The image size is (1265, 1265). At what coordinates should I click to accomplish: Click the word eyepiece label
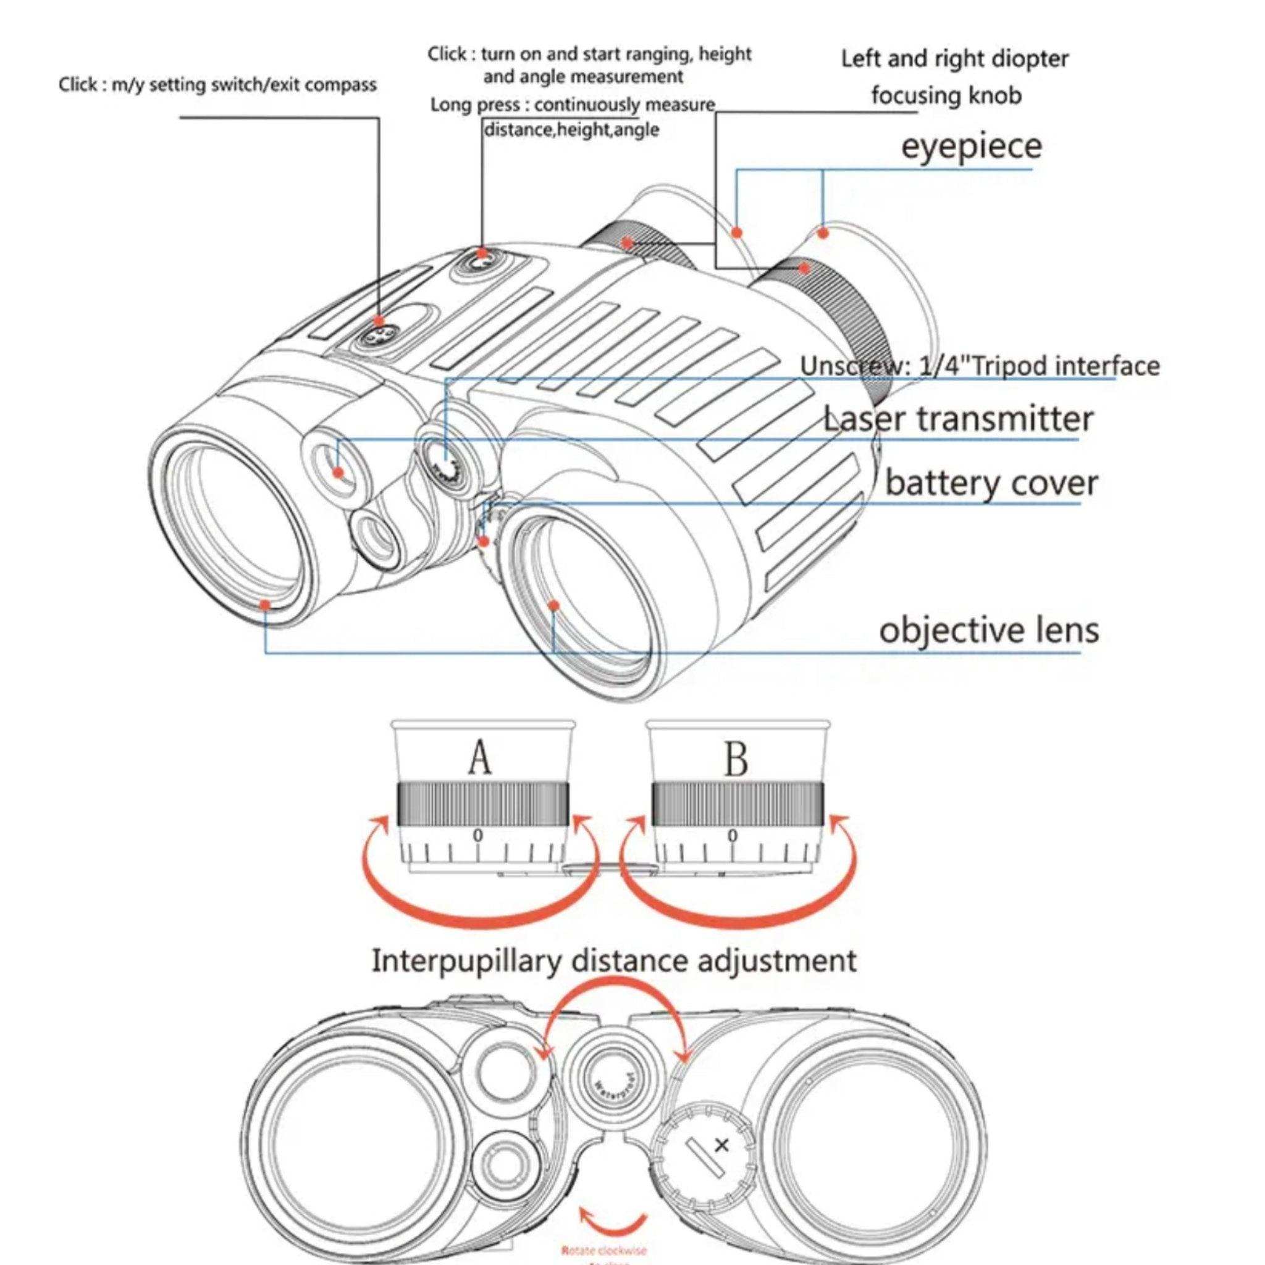coord(971,146)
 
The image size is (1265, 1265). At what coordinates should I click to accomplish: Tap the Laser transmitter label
coord(957,419)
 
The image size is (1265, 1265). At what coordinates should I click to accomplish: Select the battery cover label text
coord(991,483)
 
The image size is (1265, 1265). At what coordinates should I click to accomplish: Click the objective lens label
coord(988,630)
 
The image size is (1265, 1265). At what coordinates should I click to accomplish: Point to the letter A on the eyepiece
coord(479,759)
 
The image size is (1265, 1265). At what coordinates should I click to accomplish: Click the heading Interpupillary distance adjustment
coord(613,960)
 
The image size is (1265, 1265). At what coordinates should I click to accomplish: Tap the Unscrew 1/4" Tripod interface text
coord(979,366)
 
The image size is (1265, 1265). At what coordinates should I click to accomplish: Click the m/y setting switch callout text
coord(217,85)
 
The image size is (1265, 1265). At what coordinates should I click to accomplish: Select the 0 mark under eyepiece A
coord(478,836)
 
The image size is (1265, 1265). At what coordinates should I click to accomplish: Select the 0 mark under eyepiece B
coord(732,836)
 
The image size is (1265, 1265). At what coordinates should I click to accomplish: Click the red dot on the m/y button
coord(379,321)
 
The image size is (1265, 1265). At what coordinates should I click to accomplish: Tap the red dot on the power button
coord(482,253)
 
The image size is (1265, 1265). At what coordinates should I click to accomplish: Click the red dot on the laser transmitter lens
coord(338,472)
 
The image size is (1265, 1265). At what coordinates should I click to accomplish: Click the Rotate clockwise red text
coord(603,1250)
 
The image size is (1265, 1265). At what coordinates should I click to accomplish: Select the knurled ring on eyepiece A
coord(482,804)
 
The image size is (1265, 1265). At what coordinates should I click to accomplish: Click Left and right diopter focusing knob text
coord(953,77)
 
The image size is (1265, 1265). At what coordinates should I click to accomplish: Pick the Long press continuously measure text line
coord(572,105)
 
